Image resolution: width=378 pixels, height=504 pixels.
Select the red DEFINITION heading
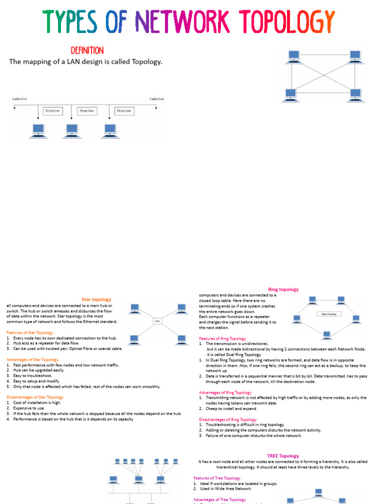[87, 51]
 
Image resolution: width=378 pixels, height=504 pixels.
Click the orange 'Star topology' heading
[96, 299]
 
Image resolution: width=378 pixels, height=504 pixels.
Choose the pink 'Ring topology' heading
[283, 289]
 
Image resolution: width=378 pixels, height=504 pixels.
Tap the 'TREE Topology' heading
[283, 456]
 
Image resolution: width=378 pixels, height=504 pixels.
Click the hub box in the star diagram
[157, 321]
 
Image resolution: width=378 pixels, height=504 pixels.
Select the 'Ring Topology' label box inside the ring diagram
[329, 314]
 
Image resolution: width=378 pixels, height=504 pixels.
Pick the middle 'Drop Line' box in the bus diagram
[87, 111]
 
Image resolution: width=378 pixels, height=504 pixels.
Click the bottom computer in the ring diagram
[326, 335]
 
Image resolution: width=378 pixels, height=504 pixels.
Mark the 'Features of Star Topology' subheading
[30, 333]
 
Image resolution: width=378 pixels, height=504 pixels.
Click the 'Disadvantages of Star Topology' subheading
[35, 397]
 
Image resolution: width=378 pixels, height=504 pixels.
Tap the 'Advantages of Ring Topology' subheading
[225, 392]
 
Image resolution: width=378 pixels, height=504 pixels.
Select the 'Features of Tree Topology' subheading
[217, 478]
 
